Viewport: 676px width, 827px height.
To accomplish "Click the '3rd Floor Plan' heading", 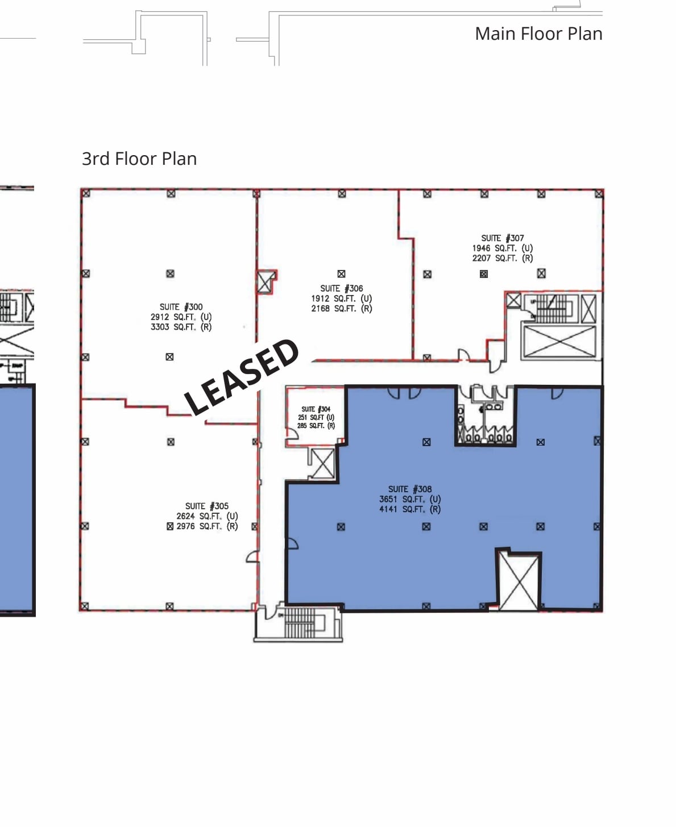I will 139,159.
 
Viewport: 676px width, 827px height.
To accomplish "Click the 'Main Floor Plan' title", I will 538,34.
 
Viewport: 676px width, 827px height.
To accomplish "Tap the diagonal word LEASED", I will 242,377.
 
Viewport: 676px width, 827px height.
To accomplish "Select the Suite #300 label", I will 181,307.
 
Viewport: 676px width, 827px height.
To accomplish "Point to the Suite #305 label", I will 206,506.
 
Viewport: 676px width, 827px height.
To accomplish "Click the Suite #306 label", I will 341,289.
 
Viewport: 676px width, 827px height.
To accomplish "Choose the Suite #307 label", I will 502,238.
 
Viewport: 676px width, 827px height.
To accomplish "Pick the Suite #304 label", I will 316,409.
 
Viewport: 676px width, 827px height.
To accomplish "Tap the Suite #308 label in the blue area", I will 409,489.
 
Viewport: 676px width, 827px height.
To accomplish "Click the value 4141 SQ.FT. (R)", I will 409,509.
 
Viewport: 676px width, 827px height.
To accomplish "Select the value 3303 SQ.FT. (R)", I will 181,327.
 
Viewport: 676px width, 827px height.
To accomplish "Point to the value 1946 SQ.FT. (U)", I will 502,248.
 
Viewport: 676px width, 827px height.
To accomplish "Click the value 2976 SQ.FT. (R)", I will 206,526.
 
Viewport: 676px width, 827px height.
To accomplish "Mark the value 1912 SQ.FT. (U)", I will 341,298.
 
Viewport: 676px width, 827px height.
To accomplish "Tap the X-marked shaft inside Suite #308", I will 518,581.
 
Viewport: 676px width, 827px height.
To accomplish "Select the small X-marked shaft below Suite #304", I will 322,464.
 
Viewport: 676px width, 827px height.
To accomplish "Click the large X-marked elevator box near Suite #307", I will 559,341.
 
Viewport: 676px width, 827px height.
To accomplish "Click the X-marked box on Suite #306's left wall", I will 266,282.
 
